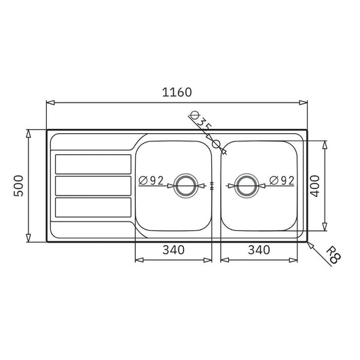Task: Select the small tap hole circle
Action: click(217, 144)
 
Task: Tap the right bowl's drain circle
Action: click(246, 185)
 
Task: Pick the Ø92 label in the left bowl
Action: click(151, 180)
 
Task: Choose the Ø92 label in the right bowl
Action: click(281, 180)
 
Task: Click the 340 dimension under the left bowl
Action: click(174, 249)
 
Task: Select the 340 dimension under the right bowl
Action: click(259, 249)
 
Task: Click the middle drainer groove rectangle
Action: click(92, 185)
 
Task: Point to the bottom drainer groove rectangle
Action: click(92, 206)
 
